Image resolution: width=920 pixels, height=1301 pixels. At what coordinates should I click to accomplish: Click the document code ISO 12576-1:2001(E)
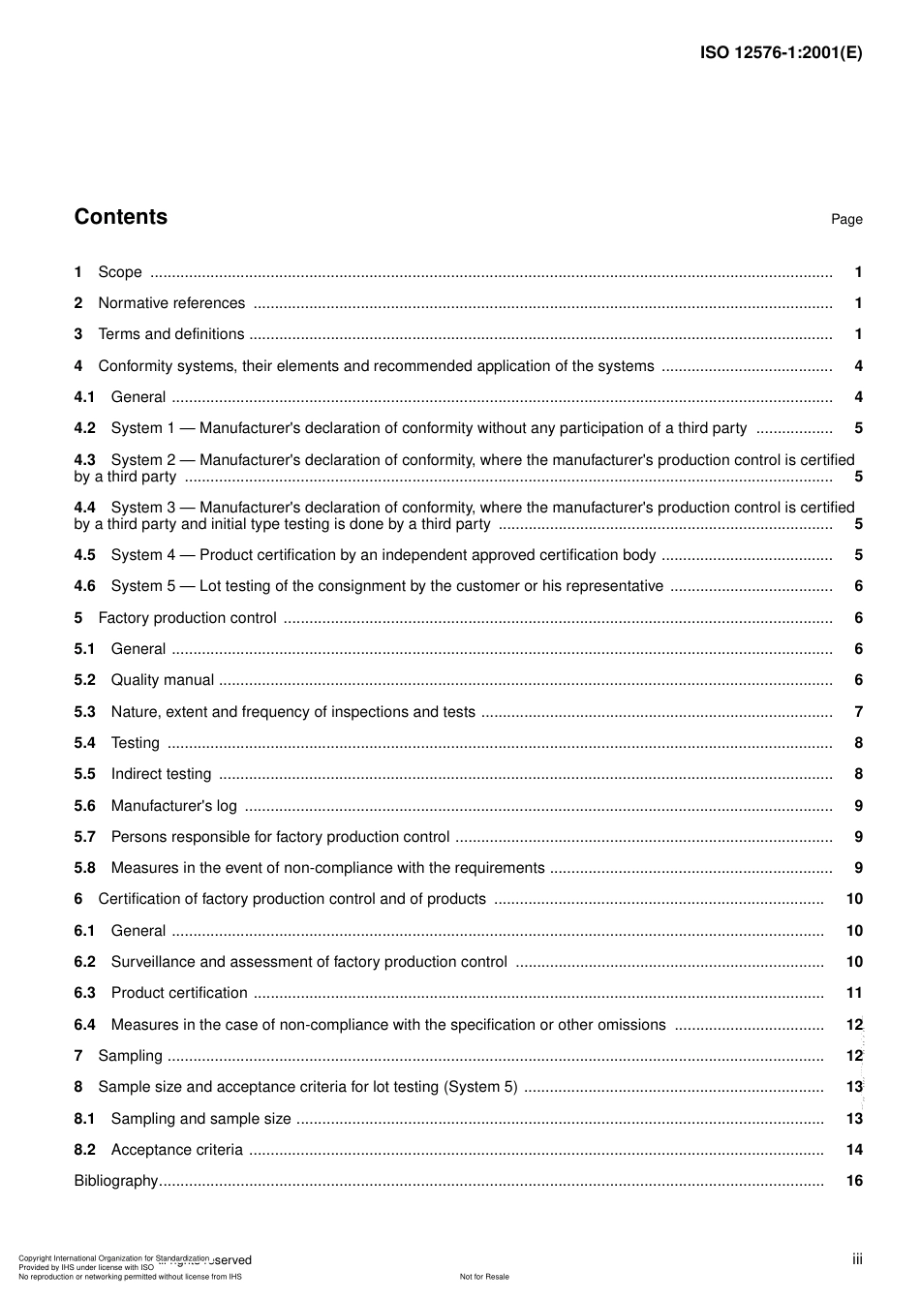(781, 53)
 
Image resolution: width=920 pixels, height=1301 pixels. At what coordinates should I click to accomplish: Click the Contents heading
(121, 217)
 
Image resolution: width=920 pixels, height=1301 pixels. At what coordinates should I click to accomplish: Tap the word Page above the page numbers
(846, 220)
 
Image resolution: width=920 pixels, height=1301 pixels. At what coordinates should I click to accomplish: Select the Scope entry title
(120, 272)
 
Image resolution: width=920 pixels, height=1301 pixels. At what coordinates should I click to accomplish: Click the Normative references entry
(171, 303)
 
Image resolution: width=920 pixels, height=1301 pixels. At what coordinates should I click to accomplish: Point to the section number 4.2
(85, 428)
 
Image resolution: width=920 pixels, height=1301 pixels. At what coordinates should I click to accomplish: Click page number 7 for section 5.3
(858, 712)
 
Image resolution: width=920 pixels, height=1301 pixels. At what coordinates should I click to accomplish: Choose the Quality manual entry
(163, 680)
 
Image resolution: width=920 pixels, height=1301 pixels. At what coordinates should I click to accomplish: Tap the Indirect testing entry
(161, 774)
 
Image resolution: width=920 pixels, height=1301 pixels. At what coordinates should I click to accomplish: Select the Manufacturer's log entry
(173, 806)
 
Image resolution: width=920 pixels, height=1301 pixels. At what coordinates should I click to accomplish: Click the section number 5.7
(85, 837)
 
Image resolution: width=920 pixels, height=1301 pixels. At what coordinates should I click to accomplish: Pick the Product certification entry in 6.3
(179, 993)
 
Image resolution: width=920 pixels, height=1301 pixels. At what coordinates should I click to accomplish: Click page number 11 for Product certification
(854, 993)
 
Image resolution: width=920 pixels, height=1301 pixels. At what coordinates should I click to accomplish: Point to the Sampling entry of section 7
(131, 1056)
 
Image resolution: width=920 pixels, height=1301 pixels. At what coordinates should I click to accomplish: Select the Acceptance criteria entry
(177, 1150)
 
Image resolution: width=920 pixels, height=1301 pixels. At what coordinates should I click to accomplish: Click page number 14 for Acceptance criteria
(854, 1150)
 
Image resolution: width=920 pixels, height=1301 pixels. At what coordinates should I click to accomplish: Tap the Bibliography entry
(116, 1181)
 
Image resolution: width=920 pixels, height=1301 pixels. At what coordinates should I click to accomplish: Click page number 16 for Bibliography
(854, 1181)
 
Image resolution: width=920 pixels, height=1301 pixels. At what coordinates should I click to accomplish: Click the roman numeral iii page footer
(857, 1259)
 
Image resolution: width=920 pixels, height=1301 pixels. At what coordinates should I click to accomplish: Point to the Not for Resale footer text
(484, 1277)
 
